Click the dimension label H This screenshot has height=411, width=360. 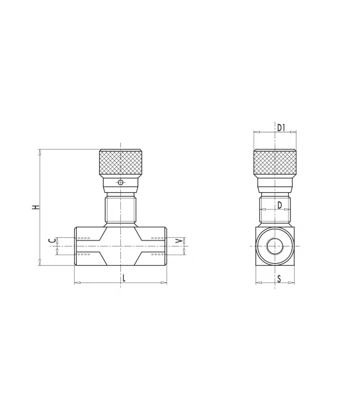35,207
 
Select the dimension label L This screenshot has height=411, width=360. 124,278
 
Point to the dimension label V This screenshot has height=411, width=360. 179,241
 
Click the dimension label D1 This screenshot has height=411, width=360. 281,127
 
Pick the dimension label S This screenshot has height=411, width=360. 279,279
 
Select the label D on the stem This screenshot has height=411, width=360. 280,205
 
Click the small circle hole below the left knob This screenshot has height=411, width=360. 120,182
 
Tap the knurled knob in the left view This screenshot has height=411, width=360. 121,162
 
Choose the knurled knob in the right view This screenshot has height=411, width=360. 275,162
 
